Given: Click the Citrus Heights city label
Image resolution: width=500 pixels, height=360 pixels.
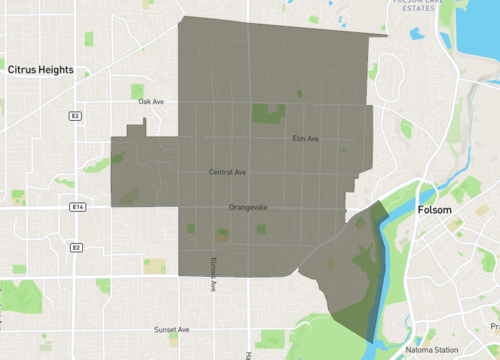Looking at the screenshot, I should [x=47, y=71].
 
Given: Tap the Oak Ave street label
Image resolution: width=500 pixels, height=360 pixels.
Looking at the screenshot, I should [x=151, y=102].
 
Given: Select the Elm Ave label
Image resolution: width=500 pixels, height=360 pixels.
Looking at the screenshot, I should [x=305, y=138].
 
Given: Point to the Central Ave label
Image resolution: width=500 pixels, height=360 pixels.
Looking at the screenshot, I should [x=227, y=172].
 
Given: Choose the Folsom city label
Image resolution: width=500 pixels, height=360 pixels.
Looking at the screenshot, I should [x=433, y=211].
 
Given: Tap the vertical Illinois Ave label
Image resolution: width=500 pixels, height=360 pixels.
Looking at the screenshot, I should [x=213, y=272].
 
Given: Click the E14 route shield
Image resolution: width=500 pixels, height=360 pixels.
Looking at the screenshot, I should [x=77, y=206].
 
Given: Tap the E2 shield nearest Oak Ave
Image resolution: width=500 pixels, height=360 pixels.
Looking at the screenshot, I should [x=75, y=116].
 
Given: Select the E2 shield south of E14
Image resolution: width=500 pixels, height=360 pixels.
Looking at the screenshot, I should [x=75, y=246].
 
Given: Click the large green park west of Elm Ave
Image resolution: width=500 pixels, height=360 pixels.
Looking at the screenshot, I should [x=265, y=113].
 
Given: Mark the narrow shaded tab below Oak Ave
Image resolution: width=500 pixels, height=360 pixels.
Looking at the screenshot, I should [x=145, y=127].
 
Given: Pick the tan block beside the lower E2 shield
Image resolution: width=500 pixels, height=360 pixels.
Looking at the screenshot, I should [x=155, y=265].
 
